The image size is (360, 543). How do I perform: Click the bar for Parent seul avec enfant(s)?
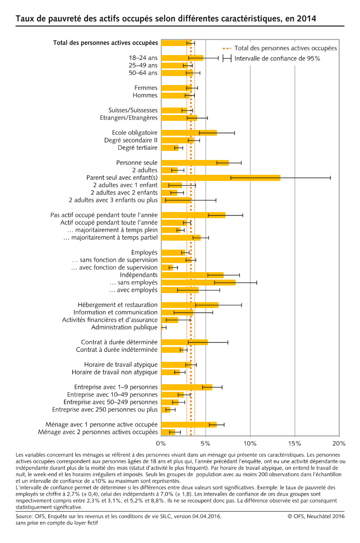pyautogui.click(x=221, y=178)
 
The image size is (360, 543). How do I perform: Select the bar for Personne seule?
pyautogui.click(x=195, y=163)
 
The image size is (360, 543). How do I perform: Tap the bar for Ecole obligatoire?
pyautogui.click(x=189, y=133)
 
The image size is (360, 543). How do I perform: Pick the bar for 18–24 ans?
pyautogui.click(x=182, y=58)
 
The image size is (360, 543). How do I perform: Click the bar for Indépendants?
pyautogui.click(x=192, y=275)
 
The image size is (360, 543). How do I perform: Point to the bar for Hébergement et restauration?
pyautogui.click(x=190, y=305)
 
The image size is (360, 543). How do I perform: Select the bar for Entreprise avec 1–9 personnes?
pyautogui.click(x=187, y=387)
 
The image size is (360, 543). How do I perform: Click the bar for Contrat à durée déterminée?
pyautogui.click(x=184, y=342)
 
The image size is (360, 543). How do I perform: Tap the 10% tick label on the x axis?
pyautogui.click(x=250, y=444)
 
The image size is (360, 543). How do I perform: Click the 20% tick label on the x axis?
pyautogui.click(x=339, y=444)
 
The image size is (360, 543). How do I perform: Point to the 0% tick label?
pyautogui.click(x=161, y=444)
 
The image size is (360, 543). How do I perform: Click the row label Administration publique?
pyautogui.click(x=125, y=327)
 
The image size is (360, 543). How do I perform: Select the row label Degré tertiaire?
pyautogui.click(x=137, y=148)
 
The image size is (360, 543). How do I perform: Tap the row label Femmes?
pyautogui.click(x=146, y=88)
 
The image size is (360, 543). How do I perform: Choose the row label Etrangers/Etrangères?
pyautogui.click(x=129, y=118)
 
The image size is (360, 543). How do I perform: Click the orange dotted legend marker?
pyautogui.click(x=227, y=49)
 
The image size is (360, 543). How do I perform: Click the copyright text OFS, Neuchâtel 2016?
pyautogui.click(x=316, y=516)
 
